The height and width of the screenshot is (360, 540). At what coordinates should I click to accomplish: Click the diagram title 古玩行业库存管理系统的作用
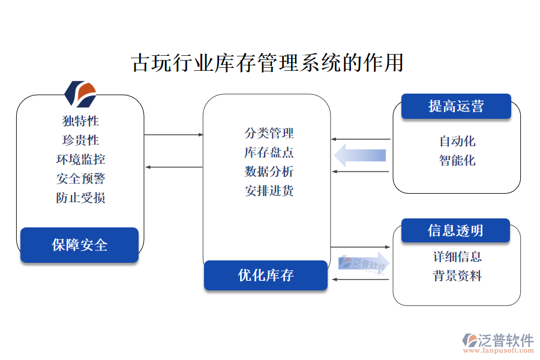coord(267,62)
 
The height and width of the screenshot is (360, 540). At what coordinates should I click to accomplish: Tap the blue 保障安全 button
coord(80,245)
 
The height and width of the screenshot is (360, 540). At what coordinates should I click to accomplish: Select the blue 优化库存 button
coord(266,275)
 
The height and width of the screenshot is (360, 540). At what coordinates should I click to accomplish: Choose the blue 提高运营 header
coord(456,106)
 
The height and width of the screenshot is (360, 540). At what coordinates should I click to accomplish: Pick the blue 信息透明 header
coord(455,230)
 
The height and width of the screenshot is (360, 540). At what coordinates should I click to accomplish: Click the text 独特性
coord(80,121)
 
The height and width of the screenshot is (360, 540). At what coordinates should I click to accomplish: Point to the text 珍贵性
coord(80,140)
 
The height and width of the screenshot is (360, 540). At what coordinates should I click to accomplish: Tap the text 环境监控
coord(80,160)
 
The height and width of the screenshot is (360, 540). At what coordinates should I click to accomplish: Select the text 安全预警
coord(80,179)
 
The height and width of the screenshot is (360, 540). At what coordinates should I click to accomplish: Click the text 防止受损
coord(80,198)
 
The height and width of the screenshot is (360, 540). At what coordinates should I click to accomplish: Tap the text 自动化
coord(457,142)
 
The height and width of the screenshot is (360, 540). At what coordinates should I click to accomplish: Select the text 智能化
coord(457,161)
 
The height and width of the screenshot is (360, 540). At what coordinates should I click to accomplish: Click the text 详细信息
coord(457,257)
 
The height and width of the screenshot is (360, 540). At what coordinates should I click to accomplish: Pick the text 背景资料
coord(457,276)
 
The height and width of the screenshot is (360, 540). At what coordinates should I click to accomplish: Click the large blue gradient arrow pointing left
coord(360,155)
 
